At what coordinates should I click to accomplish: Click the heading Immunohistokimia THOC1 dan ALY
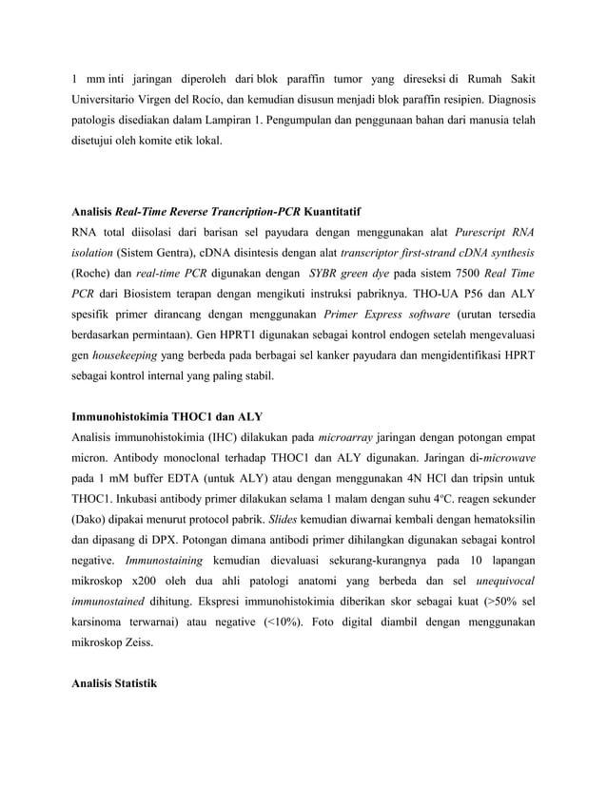167,416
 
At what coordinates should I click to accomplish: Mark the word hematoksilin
495,519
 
